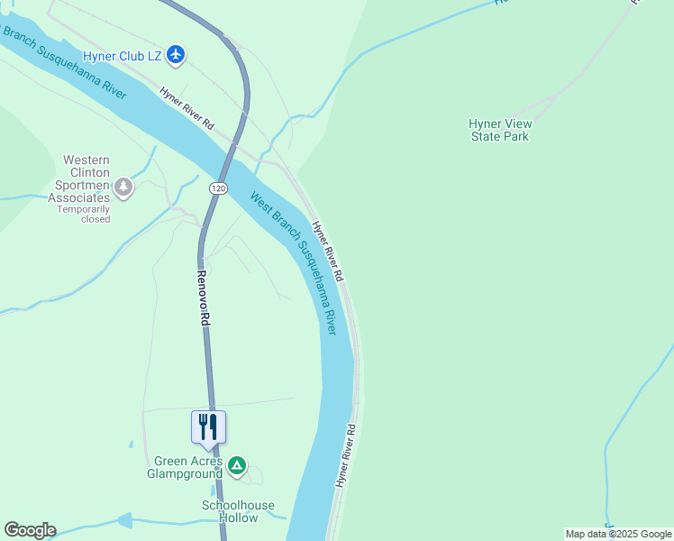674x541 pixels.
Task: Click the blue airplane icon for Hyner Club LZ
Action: [x=175, y=56]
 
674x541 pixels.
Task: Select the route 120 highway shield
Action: [x=217, y=188]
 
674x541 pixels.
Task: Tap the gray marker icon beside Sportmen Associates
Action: [x=123, y=188]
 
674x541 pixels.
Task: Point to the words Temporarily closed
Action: [x=84, y=214]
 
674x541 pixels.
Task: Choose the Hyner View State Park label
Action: [x=500, y=130]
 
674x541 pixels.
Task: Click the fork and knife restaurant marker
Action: [x=208, y=426]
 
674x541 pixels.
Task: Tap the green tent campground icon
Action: [x=236, y=465]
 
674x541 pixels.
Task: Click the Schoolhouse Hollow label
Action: [x=238, y=511]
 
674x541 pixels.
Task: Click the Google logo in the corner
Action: [x=30, y=530]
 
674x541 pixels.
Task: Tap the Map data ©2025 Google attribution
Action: [x=618, y=534]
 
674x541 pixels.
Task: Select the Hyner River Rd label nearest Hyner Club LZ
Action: [x=187, y=107]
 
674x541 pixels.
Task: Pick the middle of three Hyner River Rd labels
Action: [x=329, y=249]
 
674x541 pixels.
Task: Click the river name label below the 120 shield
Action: [x=294, y=263]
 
